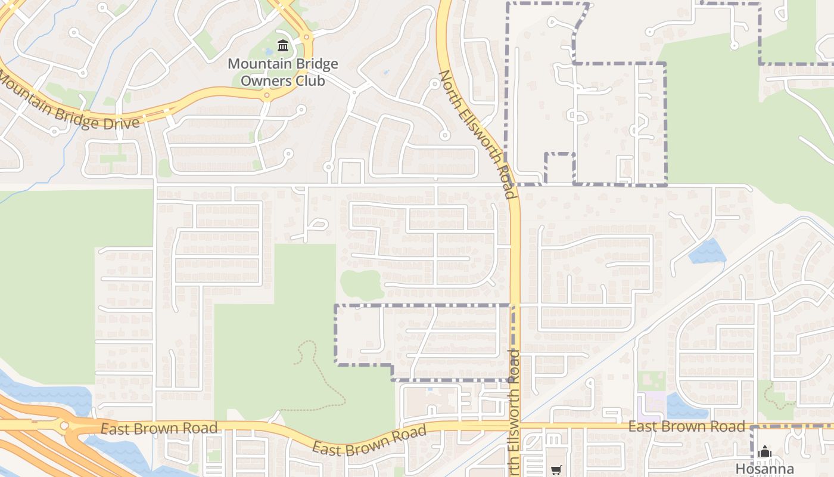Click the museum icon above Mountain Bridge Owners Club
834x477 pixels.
tap(283, 45)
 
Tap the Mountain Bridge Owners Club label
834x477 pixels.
tap(283, 72)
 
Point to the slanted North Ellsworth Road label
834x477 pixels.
tap(477, 134)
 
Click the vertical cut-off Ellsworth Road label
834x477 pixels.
tap(514, 411)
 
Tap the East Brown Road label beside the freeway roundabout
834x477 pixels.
tap(158, 428)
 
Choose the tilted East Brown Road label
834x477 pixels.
tap(369, 439)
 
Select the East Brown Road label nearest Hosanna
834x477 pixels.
tap(687, 426)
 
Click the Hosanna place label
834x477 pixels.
tap(764, 469)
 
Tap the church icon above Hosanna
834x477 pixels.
tap(765, 452)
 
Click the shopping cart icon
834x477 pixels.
tap(556, 470)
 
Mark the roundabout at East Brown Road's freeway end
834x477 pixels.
tap(64, 426)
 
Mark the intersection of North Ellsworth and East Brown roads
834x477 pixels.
tap(516, 426)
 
